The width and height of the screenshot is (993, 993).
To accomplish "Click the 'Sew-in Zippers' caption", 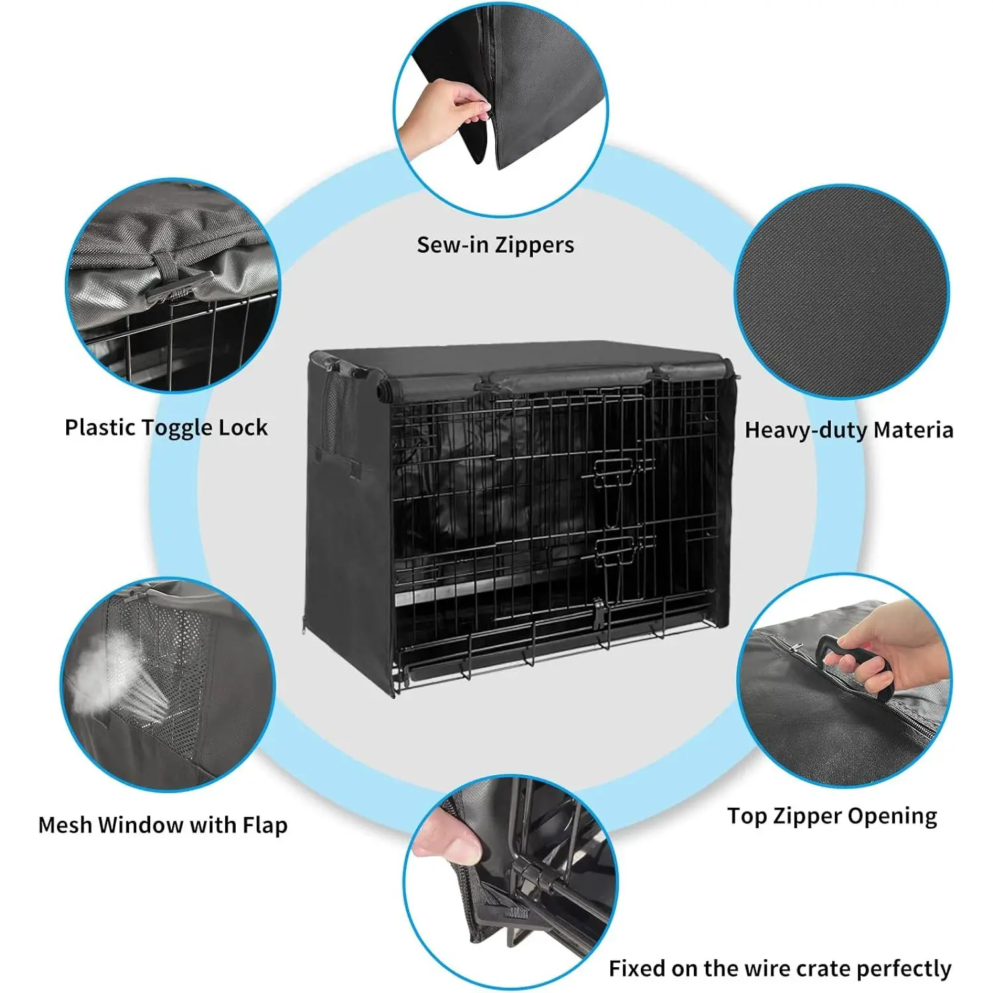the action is click(x=495, y=246).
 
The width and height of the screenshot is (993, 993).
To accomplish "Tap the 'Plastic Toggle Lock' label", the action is click(x=166, y=428).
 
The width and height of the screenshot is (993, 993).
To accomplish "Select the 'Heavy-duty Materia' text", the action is click(x=849, y=430).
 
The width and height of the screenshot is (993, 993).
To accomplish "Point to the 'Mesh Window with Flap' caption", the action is click(x=163, y=826).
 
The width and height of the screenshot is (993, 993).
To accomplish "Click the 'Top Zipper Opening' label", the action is click(x=832, y=816).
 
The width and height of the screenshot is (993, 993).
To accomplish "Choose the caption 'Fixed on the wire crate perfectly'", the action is click(x=780, y=969).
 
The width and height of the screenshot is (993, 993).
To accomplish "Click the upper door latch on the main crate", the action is click(x=616, y=473).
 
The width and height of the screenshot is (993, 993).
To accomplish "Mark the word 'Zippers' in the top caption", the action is click(x=535, y=246).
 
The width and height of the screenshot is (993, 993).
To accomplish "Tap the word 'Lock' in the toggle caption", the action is click(x=243, y=428).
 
